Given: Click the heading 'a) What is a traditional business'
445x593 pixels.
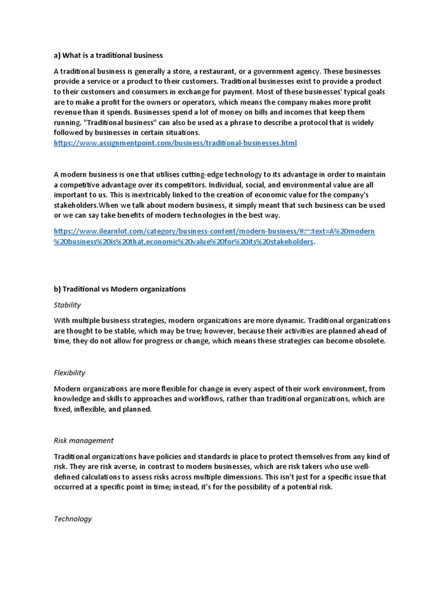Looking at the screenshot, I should point(108,56).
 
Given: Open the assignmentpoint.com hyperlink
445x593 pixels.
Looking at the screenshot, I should point(175,142).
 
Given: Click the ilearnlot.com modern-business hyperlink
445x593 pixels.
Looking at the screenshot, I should point(214,232).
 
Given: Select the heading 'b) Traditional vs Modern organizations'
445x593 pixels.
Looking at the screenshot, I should point(120,289).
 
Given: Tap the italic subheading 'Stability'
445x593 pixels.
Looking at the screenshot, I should point(67,305).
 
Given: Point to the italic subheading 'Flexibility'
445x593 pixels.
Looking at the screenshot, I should point(70,373).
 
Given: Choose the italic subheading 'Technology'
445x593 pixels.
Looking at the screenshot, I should point(73,519).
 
